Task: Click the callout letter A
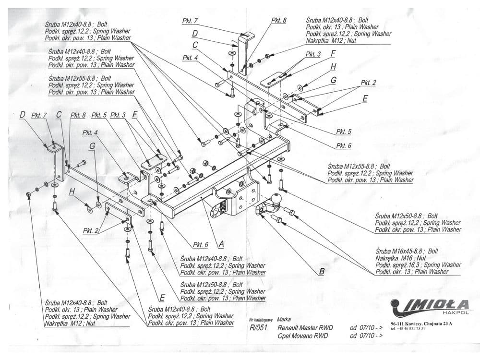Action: pos(221,244)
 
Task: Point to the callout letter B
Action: pos(322,271)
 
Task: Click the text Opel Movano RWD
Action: pos(303,336)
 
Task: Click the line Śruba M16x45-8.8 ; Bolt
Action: pos(407,251)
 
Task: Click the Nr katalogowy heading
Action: pos(261,320)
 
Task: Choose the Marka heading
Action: pos(284,319)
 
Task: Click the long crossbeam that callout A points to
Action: pos(192,192)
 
